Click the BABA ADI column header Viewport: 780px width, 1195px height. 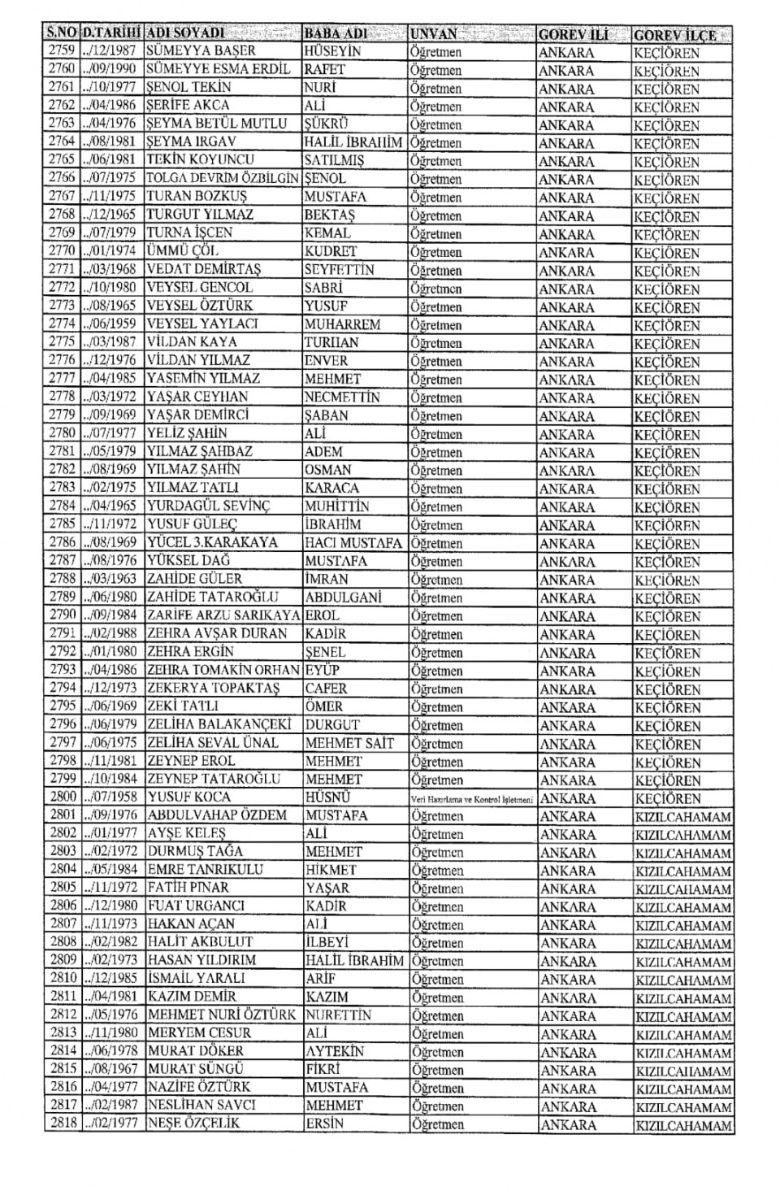coord(335,34)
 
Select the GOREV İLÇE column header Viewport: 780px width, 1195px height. coord(675,35)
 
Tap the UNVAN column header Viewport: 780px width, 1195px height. coord(434,34)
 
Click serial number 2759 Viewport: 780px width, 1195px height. coord(62,51)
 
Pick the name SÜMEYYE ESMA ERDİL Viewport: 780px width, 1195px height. coord(218,70)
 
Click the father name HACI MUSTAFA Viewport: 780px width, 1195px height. coord(353,543)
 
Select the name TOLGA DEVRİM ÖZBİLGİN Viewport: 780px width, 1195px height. coord(223,179)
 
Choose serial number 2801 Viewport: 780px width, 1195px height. coord(63,815)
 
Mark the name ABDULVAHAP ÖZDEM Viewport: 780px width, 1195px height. coord(217,815)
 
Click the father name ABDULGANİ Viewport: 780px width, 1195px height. coord(344,597)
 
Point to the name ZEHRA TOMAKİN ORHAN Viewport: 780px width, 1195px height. coord(223,671)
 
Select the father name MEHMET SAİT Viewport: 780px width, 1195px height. coord(349,743)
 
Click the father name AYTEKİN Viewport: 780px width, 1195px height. coord(335,1051)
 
